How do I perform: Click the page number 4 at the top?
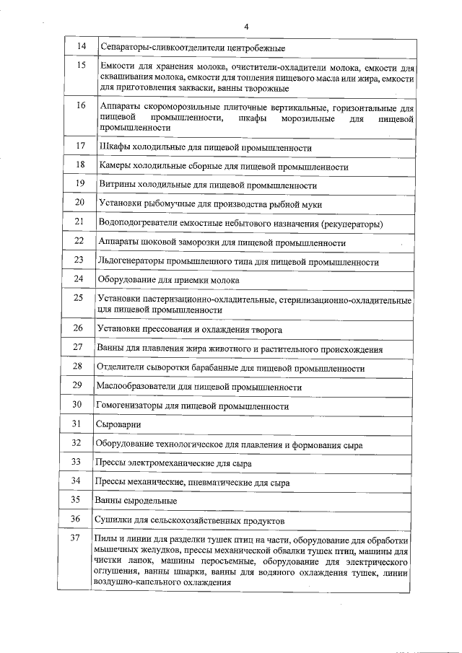tap(246, 27)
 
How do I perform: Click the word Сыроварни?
tap(118, 425)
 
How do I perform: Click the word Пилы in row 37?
tap(106, 540)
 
